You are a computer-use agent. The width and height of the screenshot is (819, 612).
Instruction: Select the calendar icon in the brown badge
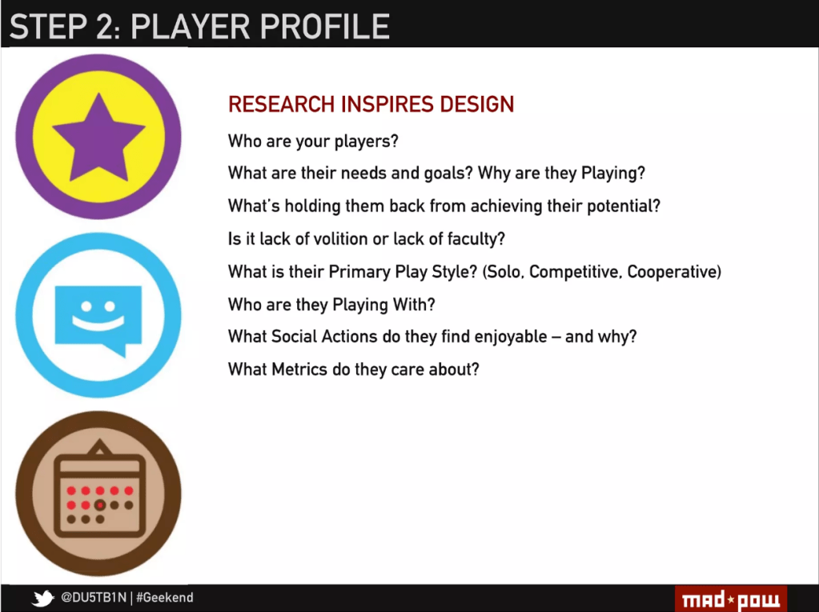click(99, 490)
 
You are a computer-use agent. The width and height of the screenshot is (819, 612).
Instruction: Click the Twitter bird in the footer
click(42, 598)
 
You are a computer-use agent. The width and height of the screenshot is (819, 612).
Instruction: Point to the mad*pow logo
click(731, 599)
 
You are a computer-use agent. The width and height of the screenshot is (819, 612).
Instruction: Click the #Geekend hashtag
click(165, 598)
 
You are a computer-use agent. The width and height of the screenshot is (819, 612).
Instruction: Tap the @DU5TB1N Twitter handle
click(94, 598)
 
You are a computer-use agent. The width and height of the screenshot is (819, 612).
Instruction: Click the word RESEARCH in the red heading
click(282, 104)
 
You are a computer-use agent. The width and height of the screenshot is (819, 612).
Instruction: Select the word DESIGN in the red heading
click(476, 104)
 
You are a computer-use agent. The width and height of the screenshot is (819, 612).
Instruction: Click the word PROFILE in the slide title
click(325, 26)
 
